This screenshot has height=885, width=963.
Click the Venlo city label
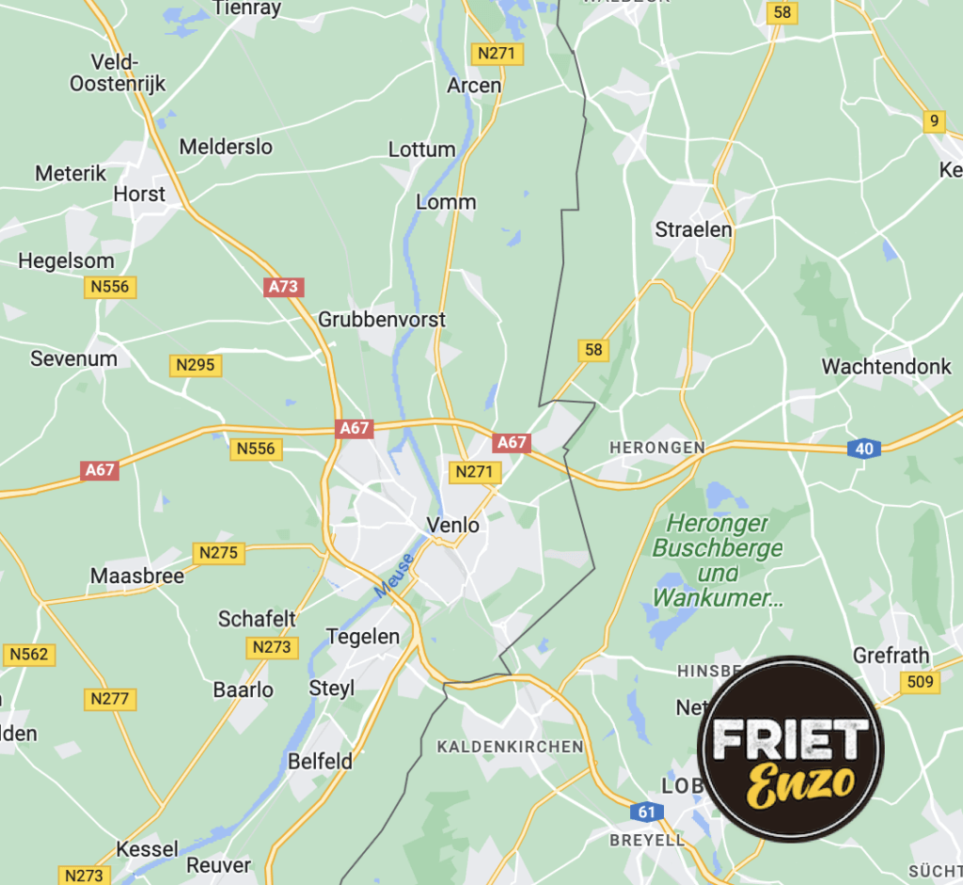pyautogui.click(x=452, y=525)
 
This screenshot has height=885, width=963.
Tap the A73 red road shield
pyautogui.click(x=284, y=287)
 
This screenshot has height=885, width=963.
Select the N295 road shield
pyautogui.click(x=196, y=365)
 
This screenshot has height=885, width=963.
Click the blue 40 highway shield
pyautogui.click(x=864, y=449)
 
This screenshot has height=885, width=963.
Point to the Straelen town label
pyautogui.click(x=693, y=229)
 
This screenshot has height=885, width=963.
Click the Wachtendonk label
pyautogui.click(x=887, y=367)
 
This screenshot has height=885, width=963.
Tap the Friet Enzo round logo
pyautogui.click(x=790, y=750)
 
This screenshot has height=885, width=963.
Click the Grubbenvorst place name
pyautogui.click(x=382, y=320)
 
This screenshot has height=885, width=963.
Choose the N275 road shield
pyautogui.click(x=218, y=553)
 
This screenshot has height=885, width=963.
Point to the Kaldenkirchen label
pyautogui.click(x=510, y=747)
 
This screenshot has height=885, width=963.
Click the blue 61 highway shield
pyautogui.click(x=645, y=812)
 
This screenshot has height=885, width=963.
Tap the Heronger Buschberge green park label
pyautogui.click(x=718, y=560)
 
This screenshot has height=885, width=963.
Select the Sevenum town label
pyautogui.click(x=73, y=358)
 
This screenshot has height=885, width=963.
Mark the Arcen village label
pyautogui.click(x=474, y=86)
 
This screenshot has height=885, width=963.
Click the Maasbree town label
pyautogui.click(x=137, y=576)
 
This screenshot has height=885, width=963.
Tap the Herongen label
pyautogui.click(x=656, y=449)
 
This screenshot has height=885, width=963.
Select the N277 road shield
pyautogui.click(x=111, y=699)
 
